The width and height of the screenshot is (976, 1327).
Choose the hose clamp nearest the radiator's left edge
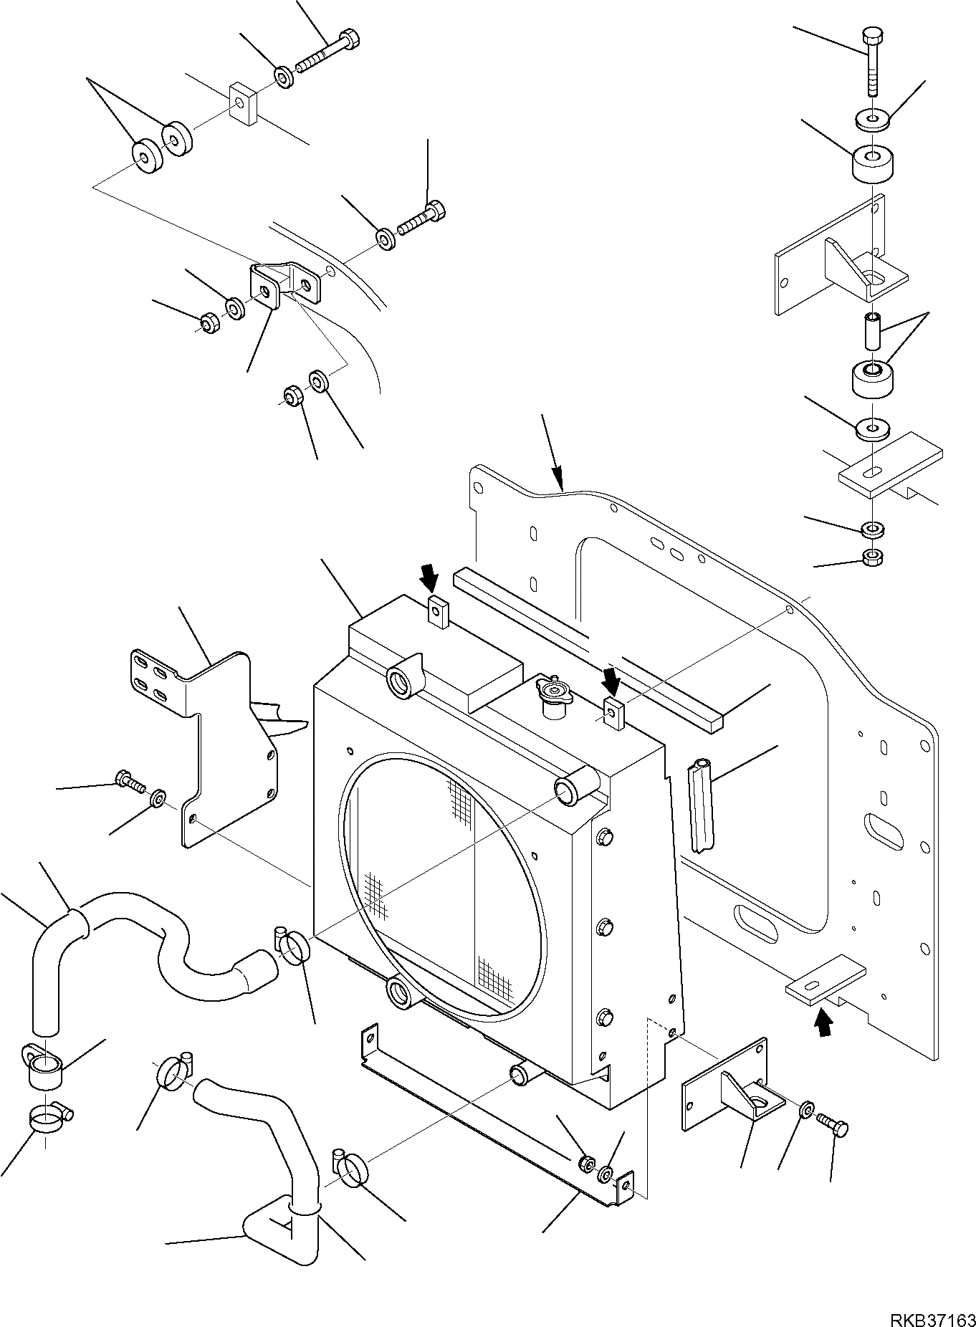(x=291, y=945)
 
